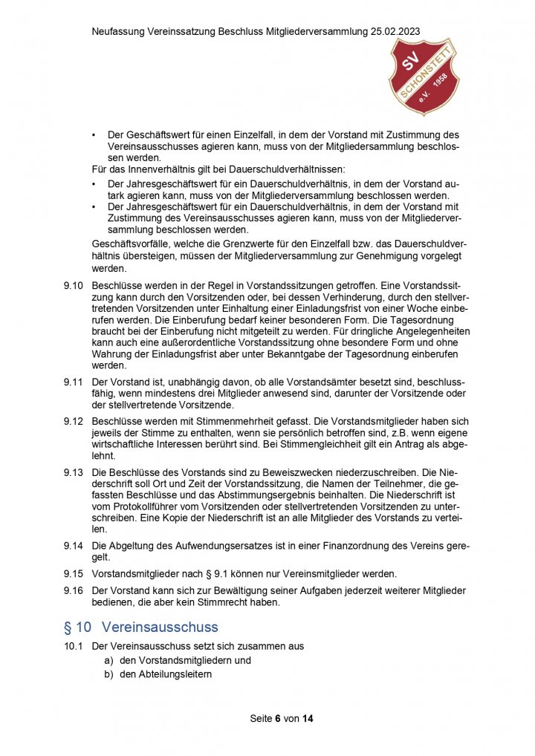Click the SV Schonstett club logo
(x=424, y=76)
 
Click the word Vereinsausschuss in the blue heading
(x=160, y=627)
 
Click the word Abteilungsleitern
(x=166, y=674)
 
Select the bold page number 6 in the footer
(x=278, y=719)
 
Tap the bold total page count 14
(x=308, y=719)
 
